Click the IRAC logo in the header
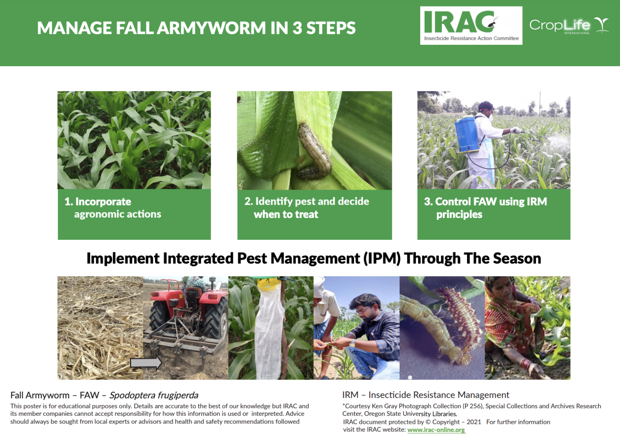pos(471,25)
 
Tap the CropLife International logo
pos(568,25)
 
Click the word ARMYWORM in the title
pos(212,28)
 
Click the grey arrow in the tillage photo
pos(146,363)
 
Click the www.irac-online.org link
pos(436,430)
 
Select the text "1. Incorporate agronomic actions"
pos(113,208)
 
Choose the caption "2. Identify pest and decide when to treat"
pos(307,208)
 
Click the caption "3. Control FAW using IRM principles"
pos(485,208)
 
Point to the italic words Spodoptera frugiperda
pos(154,395)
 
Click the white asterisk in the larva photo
pos(410,377)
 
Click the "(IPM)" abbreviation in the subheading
pos(382,258)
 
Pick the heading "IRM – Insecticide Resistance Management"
pos(425,395)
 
